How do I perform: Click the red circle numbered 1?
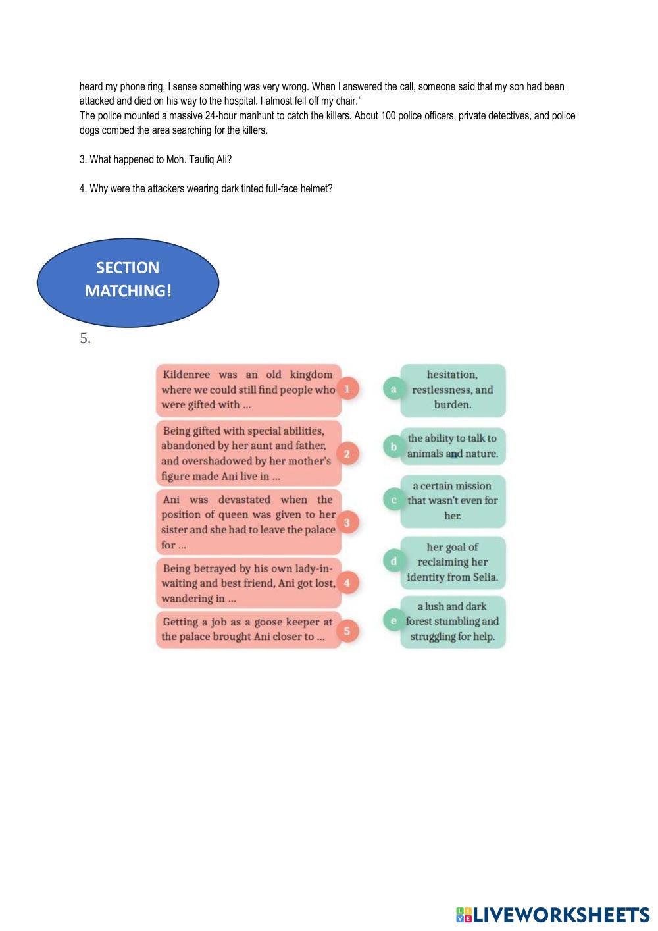pos(347,388)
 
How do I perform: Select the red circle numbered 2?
pos(347,453)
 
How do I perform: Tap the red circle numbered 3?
pos(347,522)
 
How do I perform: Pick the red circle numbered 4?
pos(347,582)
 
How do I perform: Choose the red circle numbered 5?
pos(347,630)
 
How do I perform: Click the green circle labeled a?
pos(393,389)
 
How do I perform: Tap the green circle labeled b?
pos(393,446)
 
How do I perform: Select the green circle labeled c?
pos(393,500)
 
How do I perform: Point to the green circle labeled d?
pos(393,561)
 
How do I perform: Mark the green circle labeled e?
pos(393,620)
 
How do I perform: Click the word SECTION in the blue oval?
pos(128,268)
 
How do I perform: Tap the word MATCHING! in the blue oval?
pos(128,291)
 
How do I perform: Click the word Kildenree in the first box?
pos(186,375)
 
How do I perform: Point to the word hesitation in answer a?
pos(452,375)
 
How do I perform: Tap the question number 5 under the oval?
pos(85,339)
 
